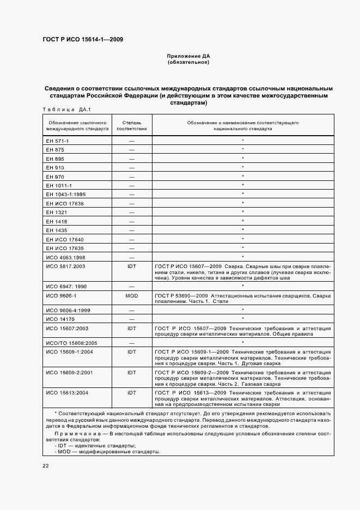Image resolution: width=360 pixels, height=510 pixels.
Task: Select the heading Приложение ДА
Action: [188, 56]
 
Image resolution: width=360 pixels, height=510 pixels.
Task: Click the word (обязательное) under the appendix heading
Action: [188, 62]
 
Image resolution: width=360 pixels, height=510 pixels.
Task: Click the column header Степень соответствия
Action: [131, 126]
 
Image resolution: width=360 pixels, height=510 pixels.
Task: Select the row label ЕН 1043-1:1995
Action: [66, 194]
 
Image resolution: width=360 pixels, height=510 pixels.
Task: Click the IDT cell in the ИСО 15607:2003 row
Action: [131, 329]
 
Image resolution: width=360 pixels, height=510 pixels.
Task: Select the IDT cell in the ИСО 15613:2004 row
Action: [131, 392]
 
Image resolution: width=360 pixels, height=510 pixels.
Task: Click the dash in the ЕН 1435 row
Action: [131, 230]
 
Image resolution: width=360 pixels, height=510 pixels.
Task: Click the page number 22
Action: [46, 466]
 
